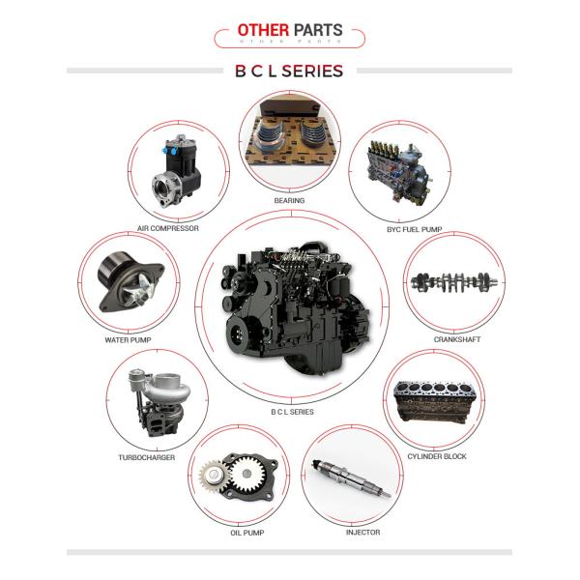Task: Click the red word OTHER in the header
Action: click(x=263, y=30)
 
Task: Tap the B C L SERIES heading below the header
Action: click(x=289, y=71)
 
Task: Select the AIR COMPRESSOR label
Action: click(x=168, y=228)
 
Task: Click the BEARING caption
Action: click(x=289, y=200)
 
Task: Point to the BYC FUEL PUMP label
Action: click(x=415, y=229)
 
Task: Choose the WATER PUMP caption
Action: click(x=128, y=340)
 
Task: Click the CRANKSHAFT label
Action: click(x=457, y=339)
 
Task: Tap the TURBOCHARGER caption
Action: click(x=147, y=457)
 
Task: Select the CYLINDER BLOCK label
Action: click(x=437, y=456)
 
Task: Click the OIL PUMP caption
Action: click(x=247, y=533)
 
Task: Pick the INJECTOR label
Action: click(x=362, y=532)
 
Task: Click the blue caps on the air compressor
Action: click(x=169, y=151)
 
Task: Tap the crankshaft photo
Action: click(x=454, y=282)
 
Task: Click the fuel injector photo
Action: click(x=352, y=478)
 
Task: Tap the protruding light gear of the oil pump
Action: click(x=214, y=476)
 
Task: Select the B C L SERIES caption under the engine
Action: click(x=292, y=412)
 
